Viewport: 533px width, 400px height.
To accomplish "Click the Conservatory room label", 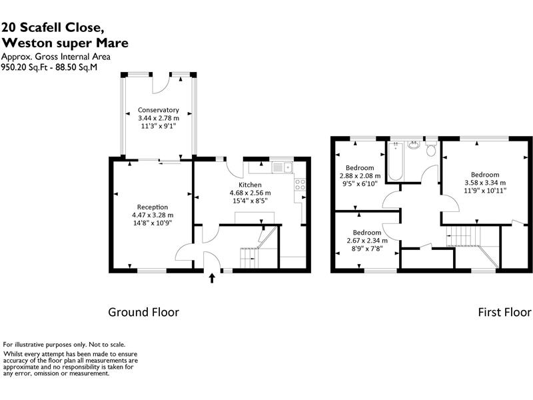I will pos(159,110).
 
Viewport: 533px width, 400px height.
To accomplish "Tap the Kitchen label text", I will pos(250,185).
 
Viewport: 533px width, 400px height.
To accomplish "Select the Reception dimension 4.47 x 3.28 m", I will pos(153,215).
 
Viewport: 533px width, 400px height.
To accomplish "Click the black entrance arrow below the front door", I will pos(213,277).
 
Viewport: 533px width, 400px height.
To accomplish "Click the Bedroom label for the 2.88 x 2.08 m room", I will pos(360,168).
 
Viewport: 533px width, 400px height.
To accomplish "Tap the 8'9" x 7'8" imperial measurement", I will pos(363,249).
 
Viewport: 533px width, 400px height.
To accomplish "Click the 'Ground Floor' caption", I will pos(144,311).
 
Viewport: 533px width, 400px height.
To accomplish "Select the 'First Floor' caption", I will pos(504,311).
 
